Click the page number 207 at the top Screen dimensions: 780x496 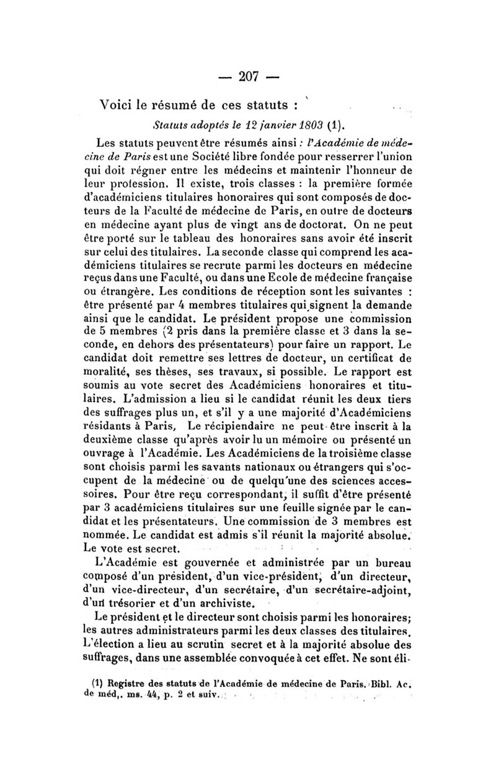coord(248,77)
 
